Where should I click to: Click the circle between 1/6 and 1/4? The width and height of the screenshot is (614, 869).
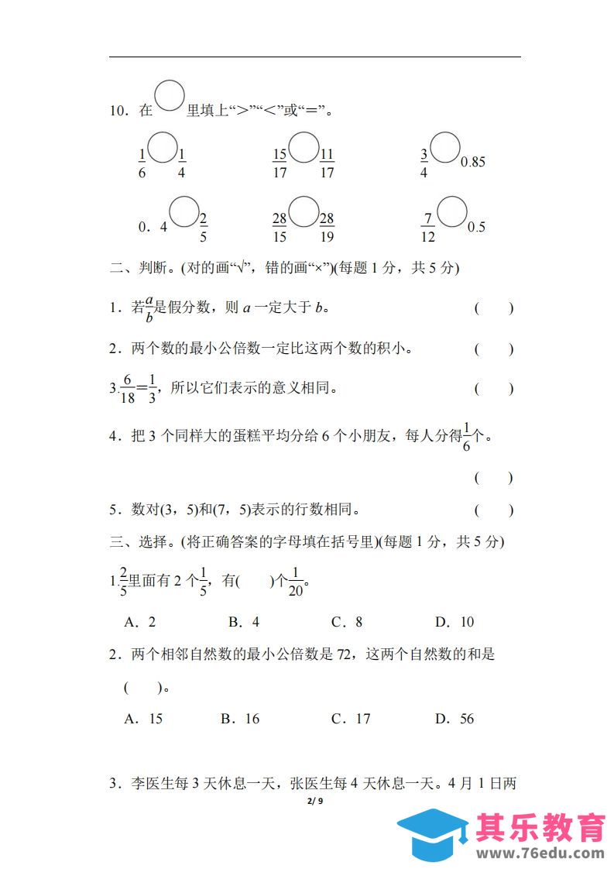pyautogui.click(x=162, y=147)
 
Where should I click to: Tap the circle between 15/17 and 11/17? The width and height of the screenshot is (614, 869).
pyautogui.click(x=304, y=147)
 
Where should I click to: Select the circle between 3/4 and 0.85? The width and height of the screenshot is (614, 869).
pyautogui.click(x=445, y=147)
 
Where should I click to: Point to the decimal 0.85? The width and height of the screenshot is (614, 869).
pyautogui.click(x=473, y=163)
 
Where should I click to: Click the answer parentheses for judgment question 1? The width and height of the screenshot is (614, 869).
pyautogui.click(x=493, y=308)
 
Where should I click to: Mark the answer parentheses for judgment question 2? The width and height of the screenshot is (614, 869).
pyautogui.click(x=493, y=349)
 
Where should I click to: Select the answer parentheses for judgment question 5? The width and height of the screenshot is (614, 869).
pyautogui.click(x=493, y=510)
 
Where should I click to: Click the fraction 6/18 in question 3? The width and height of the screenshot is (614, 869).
pyautogui.click(x=128, y=389)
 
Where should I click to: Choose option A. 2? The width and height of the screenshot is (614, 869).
pyautogui.click(x=140, y=622)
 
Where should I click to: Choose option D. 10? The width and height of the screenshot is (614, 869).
pyautogui.click(x=454, y=622)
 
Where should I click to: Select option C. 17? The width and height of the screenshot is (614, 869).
pyautogui.click(x=351, y=719)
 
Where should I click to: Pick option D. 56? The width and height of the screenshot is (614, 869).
pyautogui.click(x=454, y=719)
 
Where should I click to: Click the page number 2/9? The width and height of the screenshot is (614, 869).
pyautogui.click(x=314, y=801)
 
